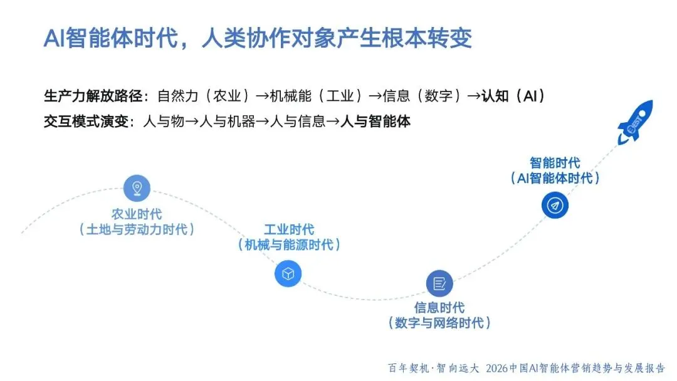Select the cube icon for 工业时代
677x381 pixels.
tap(288, 274)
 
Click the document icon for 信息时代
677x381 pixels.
tap(439, 284)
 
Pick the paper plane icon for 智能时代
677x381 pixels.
tap(555, 205)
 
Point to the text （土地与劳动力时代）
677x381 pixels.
tap(137, 229)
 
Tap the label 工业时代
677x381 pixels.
tap(289, 229)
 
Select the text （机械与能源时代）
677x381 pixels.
tap(289, 245)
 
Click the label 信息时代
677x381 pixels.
tap(439, 308)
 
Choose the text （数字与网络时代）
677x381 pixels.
tap(439, 323)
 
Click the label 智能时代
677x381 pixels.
tap(555, 163)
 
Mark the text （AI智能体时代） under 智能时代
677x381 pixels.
tap(555, 179)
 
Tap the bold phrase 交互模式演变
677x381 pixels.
tap(86, 121)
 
